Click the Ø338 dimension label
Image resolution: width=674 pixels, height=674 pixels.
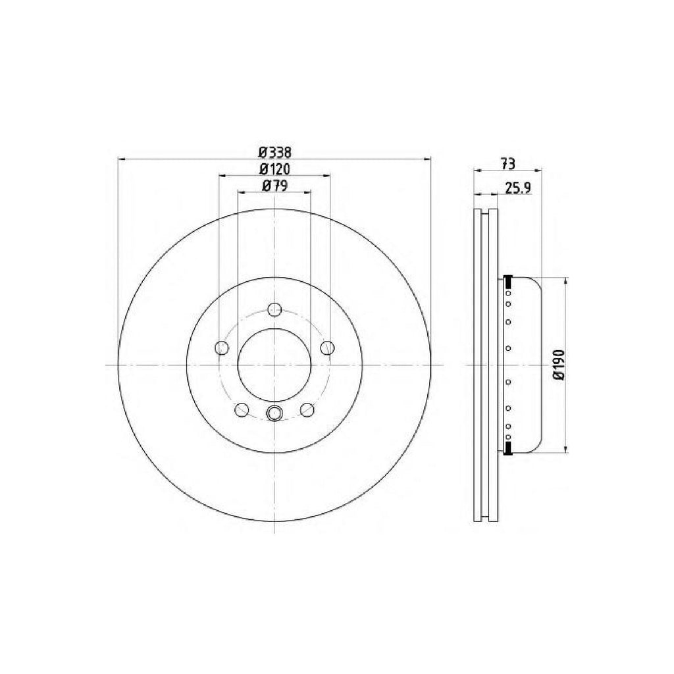tap(275, 152)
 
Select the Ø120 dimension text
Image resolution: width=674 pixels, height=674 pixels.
tap(275, 169)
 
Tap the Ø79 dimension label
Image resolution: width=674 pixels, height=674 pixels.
tap(274, 185)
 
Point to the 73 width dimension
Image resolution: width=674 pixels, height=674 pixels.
tap(507, 164)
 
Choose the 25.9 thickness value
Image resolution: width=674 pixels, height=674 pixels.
tap(519, 188)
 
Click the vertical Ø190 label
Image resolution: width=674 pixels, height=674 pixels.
tap(559, 364)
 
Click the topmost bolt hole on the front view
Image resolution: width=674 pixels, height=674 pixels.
tap(274, 309)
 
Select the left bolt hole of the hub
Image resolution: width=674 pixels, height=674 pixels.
tap(221, 348)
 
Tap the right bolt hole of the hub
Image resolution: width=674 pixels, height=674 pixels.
tap(328, 348)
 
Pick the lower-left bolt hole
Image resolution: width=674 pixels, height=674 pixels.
tap(242, 409)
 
